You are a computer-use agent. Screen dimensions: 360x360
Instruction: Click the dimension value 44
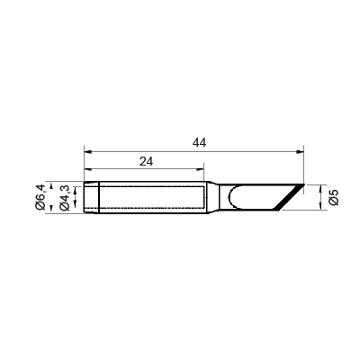[199, 143]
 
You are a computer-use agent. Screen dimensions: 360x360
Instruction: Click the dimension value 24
[146, 161]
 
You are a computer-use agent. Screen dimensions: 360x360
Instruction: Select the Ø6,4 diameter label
[40, 197]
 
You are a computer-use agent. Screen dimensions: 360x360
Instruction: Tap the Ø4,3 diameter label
[65, 198]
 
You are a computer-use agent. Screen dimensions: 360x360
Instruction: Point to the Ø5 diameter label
[334, 197]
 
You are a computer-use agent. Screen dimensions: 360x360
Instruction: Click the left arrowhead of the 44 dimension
[87, 152]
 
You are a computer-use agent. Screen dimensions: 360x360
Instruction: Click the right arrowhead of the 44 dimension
[301, 152]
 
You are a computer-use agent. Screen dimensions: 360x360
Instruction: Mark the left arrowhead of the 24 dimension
[87, 170]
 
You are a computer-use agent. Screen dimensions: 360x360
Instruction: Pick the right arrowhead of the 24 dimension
[201, 170]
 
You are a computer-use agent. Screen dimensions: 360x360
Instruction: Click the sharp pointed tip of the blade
[304, 184]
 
